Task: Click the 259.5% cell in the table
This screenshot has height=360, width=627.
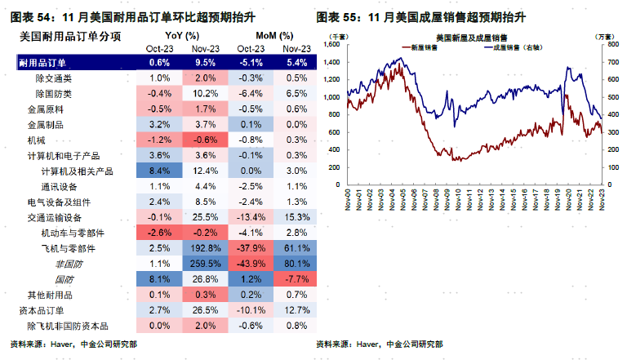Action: pos(205,264)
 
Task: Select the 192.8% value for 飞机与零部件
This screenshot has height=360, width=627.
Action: pos(205,249)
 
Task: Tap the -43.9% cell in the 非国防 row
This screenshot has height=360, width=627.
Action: pos(251,264)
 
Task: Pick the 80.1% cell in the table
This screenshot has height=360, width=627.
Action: pos(297,264)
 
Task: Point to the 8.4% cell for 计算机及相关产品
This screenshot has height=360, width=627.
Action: pos(160,171)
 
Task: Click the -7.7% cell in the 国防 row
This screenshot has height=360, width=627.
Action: pos(297,280)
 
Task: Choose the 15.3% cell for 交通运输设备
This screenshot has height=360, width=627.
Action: pos(297,218)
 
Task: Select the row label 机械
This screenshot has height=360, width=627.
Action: pos(36,140)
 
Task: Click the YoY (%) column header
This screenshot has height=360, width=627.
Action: pos(182,36)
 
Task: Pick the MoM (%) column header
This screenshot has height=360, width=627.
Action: pos(274,36)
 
